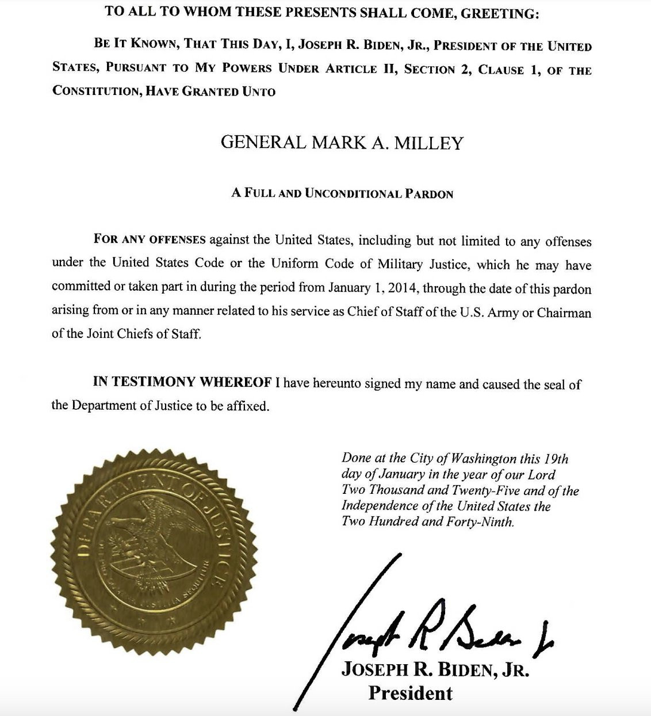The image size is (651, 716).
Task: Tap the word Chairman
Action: (x=564, y=313)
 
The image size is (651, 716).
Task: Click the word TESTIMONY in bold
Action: (x=155, y=382)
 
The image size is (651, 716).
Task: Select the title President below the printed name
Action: (x=410, y=693)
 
